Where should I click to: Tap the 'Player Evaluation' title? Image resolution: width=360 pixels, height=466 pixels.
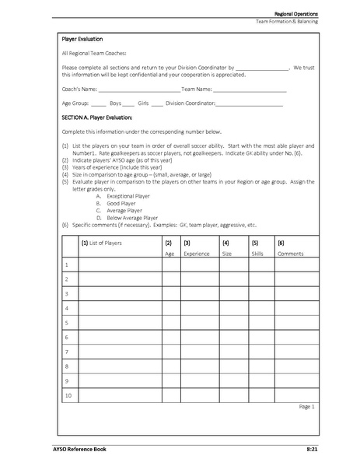(x=82, y=38)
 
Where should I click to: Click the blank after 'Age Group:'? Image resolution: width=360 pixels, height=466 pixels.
(x=98, y=103)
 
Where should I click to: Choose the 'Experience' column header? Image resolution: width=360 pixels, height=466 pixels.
(x=196, y=254)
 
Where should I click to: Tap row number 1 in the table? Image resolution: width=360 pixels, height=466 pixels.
(x=68, y=265)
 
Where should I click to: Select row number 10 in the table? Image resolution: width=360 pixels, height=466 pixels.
(x=68, y=396)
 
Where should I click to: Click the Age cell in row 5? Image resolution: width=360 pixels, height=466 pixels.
(x=170, y=323)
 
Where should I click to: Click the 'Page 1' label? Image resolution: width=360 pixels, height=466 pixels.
(x=306, y=406)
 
